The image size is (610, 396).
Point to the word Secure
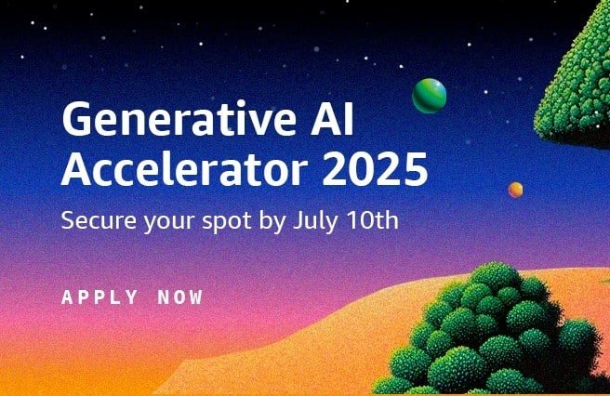pos(91,223)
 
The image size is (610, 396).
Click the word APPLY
pos(97,299)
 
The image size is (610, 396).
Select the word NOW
pos(179,299)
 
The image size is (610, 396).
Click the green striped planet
pos(429,94)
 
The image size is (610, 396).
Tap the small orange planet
pos(514,190)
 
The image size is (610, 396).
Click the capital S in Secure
pos(67,223)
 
